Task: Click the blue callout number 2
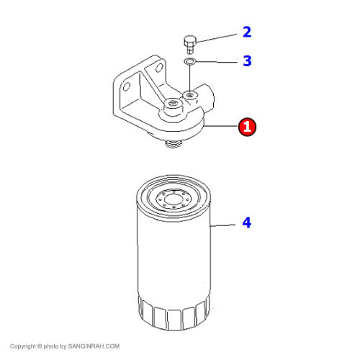pyautogui.click(x=247, y=32)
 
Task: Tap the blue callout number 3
pyautogui.click(x=247, y=60)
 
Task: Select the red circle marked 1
pyautogui.click(x=247, y=127)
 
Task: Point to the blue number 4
pyautogui.click(x=247, y=222)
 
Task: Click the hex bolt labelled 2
pyautogui.click(x=190, y=45)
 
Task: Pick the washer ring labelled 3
pyautogui.click(x=190, y=61)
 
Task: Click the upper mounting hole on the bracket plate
pyautogui.click(x=159, y=68)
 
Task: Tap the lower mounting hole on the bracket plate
pyautogui.click(x=127, y=86)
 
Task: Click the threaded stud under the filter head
pyautogui.click(x=173, y=145)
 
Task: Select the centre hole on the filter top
pyautogui.click(x=173, y=199)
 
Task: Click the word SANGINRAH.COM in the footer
pyautogui.click(x=94, y=346)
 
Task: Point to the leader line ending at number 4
pyautogui.click(x=222, y=225)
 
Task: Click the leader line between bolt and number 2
pyautogui.click(x=216, y=39)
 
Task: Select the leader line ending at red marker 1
pyautogui.click(x=220, y=126)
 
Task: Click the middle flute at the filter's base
pyautogui.click(x=174, y=320)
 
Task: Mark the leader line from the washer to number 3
pyautogui.click(x=217, y=62)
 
